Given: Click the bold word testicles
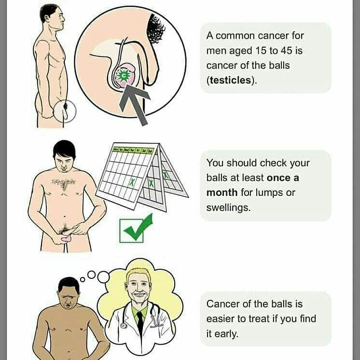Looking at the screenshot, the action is pos(230,81).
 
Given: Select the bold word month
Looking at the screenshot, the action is pos(222,193).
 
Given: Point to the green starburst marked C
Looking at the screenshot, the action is pos(123,76).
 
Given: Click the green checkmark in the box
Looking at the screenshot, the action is pos(138,228).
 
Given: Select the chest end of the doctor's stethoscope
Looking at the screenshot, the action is pos(123,325).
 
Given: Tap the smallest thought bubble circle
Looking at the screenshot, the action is pos(83,279).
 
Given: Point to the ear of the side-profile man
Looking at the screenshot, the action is pos(47,18).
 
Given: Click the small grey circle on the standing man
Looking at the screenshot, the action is pos(65,111).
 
